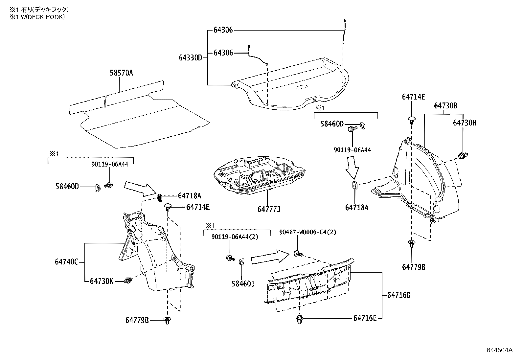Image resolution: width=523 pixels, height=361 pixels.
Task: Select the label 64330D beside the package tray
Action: pyautogui.click(x=191, y=58)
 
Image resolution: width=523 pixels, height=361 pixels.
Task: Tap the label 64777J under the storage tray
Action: pyautogui.click(x=269, y=209)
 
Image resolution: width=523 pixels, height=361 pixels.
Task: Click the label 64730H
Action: pyautogui.click(x=465, y=123)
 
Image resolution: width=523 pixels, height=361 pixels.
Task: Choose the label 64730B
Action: pyautogui.click(x=445, y=106)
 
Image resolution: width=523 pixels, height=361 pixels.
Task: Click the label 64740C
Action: pyautogui.click(x=66, y=262)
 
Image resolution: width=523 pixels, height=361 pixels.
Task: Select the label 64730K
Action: pyautogui.click(x=102, y=281)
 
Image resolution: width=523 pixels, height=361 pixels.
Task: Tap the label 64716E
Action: pyautogui.click(x=365, y=318)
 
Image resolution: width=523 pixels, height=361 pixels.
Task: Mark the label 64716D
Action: pyautogui.click(x=399, y=295)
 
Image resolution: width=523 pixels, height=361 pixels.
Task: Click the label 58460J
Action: pyautogui.click(x=243, y=283)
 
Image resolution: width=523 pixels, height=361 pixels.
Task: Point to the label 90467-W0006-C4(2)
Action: pyautogui.click(x=307, y=232)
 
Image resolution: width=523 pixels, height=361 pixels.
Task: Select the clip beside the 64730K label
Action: pyautogui.click(x=128, y=281)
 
